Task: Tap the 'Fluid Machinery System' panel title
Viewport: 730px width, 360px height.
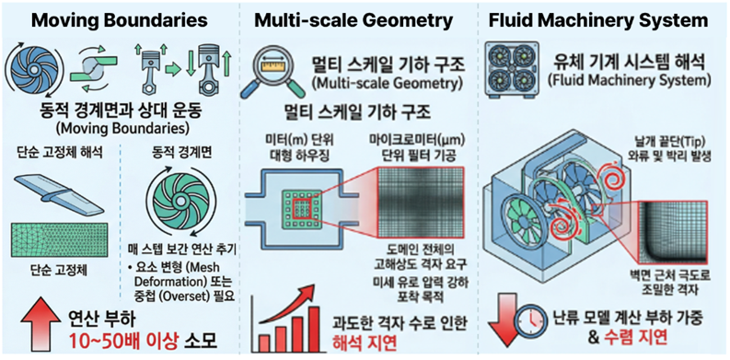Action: [x=607, y=19]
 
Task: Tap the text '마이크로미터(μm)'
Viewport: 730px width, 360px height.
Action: [x=423, y=139]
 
